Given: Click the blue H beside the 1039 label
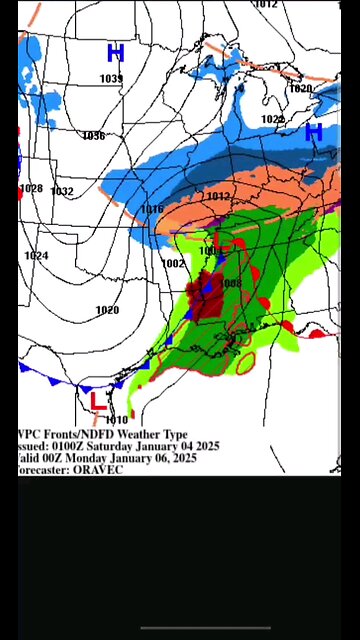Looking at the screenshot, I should [x=115, y=53].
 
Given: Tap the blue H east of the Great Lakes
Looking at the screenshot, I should [x=313, y=131].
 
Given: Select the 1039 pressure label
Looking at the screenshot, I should [x=111, y=79].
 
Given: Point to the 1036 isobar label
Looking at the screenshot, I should [x=94, y=136].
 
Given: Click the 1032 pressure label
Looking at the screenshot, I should [x=62, y=191].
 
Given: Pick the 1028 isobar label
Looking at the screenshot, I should [x=32, y=189].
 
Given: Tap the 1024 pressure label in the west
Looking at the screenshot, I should [x=36, y=256].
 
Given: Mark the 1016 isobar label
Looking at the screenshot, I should [x=152, y=209].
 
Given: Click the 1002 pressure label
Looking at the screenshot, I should [x=173, y=263].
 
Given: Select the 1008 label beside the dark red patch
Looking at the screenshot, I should [x=231, y=283].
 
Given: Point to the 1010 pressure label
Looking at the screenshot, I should [x=117, y=420].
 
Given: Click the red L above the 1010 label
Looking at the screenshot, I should [x=97, y=401].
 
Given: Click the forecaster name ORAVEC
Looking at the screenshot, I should [x=98, y=469].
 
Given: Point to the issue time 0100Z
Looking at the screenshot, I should [x=72, y=446].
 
